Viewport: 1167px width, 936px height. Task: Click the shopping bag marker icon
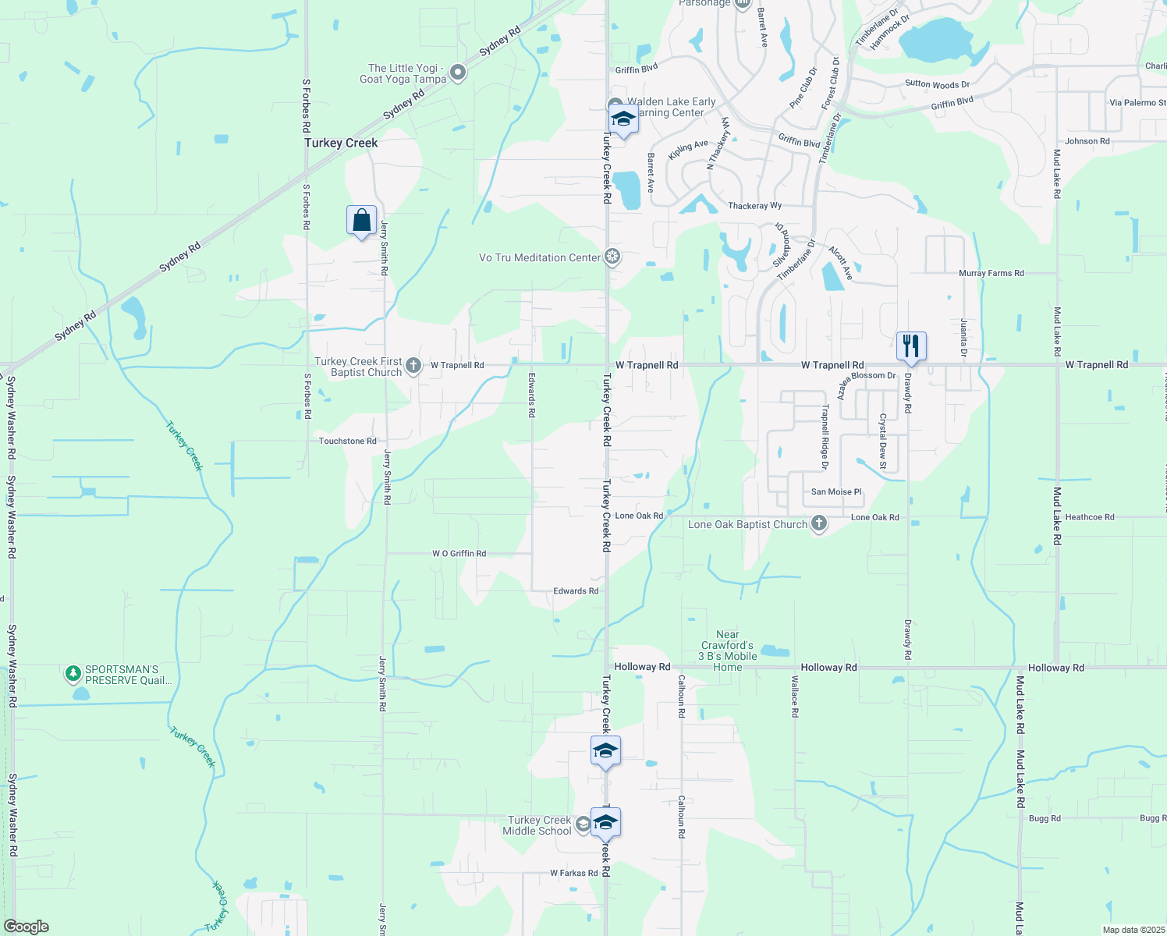tap(361, 221)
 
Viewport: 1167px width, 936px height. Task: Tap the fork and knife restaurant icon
tap(911, 346)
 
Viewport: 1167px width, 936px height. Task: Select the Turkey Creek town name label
tap(341, 143)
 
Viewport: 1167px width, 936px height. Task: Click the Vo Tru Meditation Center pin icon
tap(613, 257)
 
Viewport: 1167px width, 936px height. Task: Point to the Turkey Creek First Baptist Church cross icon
tap(413, 365)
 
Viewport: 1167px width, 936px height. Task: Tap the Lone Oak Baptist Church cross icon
tap(818, 523)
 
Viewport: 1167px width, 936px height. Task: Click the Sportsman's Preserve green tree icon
tap(73, 672)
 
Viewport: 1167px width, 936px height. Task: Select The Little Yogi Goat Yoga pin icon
tap(458, 73)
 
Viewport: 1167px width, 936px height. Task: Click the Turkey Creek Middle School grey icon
tap(583, 824)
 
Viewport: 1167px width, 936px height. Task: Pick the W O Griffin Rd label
tap(459, 553)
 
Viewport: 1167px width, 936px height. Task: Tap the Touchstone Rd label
tap(348, 441)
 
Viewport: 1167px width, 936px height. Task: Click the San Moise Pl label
tap(836, 491)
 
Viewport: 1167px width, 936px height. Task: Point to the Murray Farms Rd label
tap(991, 273)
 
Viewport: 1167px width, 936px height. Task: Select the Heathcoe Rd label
tap(1090, 516)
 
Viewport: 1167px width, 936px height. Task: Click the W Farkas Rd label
tap(574, 873)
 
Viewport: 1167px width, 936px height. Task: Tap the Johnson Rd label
tap(1087, 141)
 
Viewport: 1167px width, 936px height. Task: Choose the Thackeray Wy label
tap(754, 206)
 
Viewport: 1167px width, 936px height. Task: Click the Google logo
tap(27, 927)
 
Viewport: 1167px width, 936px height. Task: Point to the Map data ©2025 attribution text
tap(1133, 930)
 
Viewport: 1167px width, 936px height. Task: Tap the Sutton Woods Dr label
tap(937, 84)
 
